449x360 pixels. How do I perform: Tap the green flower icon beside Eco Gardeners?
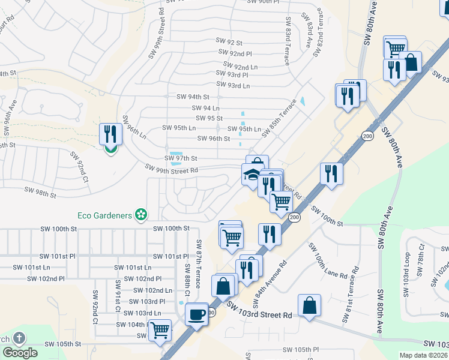(141, 214)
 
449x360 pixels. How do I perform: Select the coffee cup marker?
(196, 314)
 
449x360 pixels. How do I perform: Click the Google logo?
(20, 353)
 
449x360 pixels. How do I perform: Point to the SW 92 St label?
(229, 43)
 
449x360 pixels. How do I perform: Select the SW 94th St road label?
(193, 97)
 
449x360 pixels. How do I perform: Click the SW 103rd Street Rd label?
(259, 311)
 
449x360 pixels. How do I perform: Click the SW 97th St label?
(181, 158)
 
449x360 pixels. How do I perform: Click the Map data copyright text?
(423, 355)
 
